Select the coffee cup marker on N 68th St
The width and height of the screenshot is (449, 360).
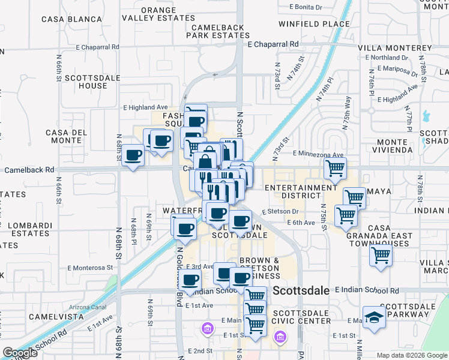(x=133, y=155)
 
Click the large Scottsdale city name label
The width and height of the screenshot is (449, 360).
(x=301, y=290)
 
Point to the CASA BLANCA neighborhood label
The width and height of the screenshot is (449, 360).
(x=72, y=19)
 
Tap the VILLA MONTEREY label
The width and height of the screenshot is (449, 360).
(x=394, y=48)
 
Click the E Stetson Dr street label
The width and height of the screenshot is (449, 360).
(x=280, y=211)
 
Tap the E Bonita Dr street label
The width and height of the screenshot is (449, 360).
(x=310, y=7)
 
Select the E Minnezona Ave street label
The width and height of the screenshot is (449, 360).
(x=318, y=155)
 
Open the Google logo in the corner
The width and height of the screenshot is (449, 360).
(x=20, y=353)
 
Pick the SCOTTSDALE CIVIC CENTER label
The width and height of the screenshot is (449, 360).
(x=301, y=317)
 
